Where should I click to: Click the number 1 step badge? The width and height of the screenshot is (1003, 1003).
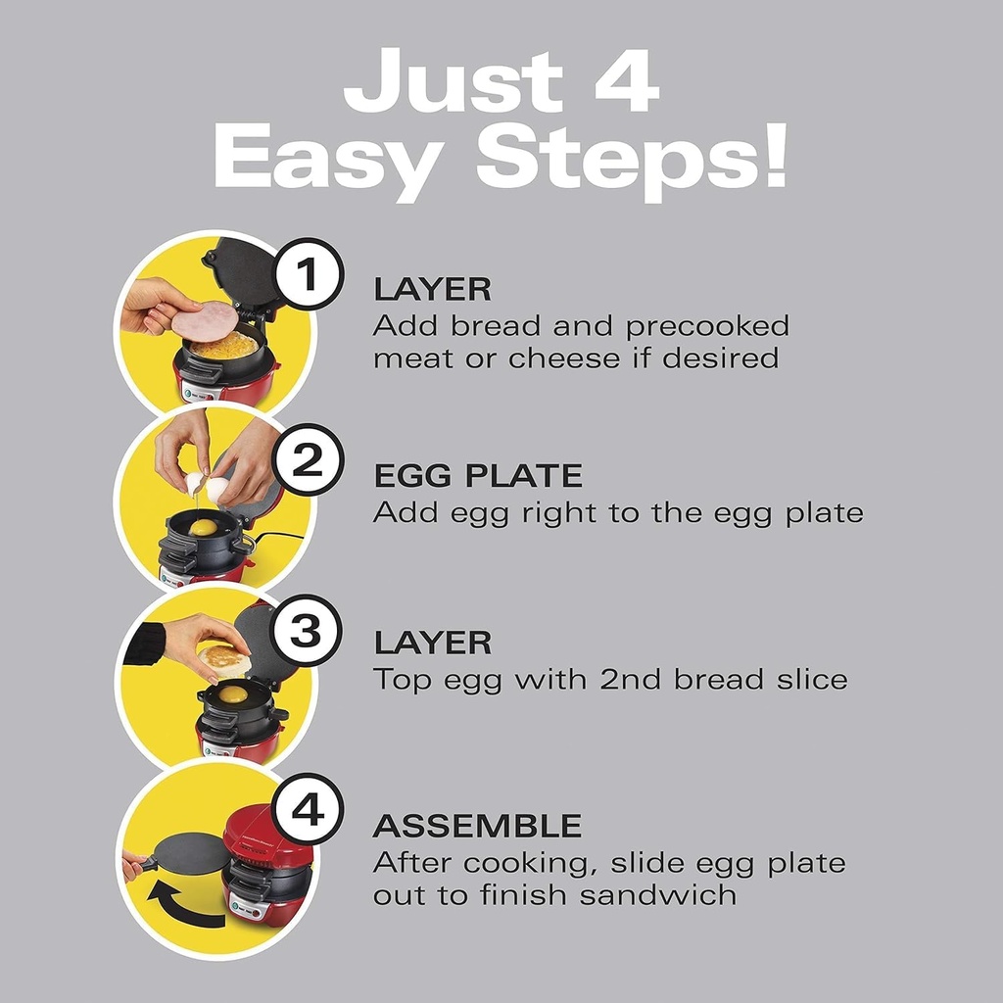[307, 276]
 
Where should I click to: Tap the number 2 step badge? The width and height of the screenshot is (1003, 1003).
[307, 460]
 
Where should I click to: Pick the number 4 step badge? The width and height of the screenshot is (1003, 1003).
[307, 813]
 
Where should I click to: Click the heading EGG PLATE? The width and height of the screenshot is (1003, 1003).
[478, 477]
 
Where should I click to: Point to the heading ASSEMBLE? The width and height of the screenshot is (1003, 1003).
[477, 826]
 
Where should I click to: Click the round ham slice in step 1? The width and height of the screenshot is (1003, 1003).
[205, 320]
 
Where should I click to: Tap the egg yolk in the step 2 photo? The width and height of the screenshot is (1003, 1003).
[203, 527]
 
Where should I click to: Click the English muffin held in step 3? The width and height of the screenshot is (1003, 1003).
[224, 660]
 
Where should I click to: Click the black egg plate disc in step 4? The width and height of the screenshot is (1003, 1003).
[192, 855]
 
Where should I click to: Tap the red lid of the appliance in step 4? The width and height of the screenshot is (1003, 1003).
[266, 834]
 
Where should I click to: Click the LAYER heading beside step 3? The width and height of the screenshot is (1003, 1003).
[432, 643]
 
